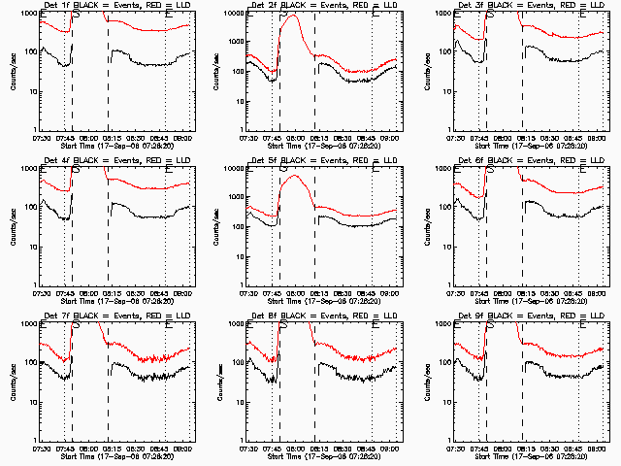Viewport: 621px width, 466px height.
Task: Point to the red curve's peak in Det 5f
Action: [x=292, y=176]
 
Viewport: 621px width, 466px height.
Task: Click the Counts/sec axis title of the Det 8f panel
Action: [x=218, y=382]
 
